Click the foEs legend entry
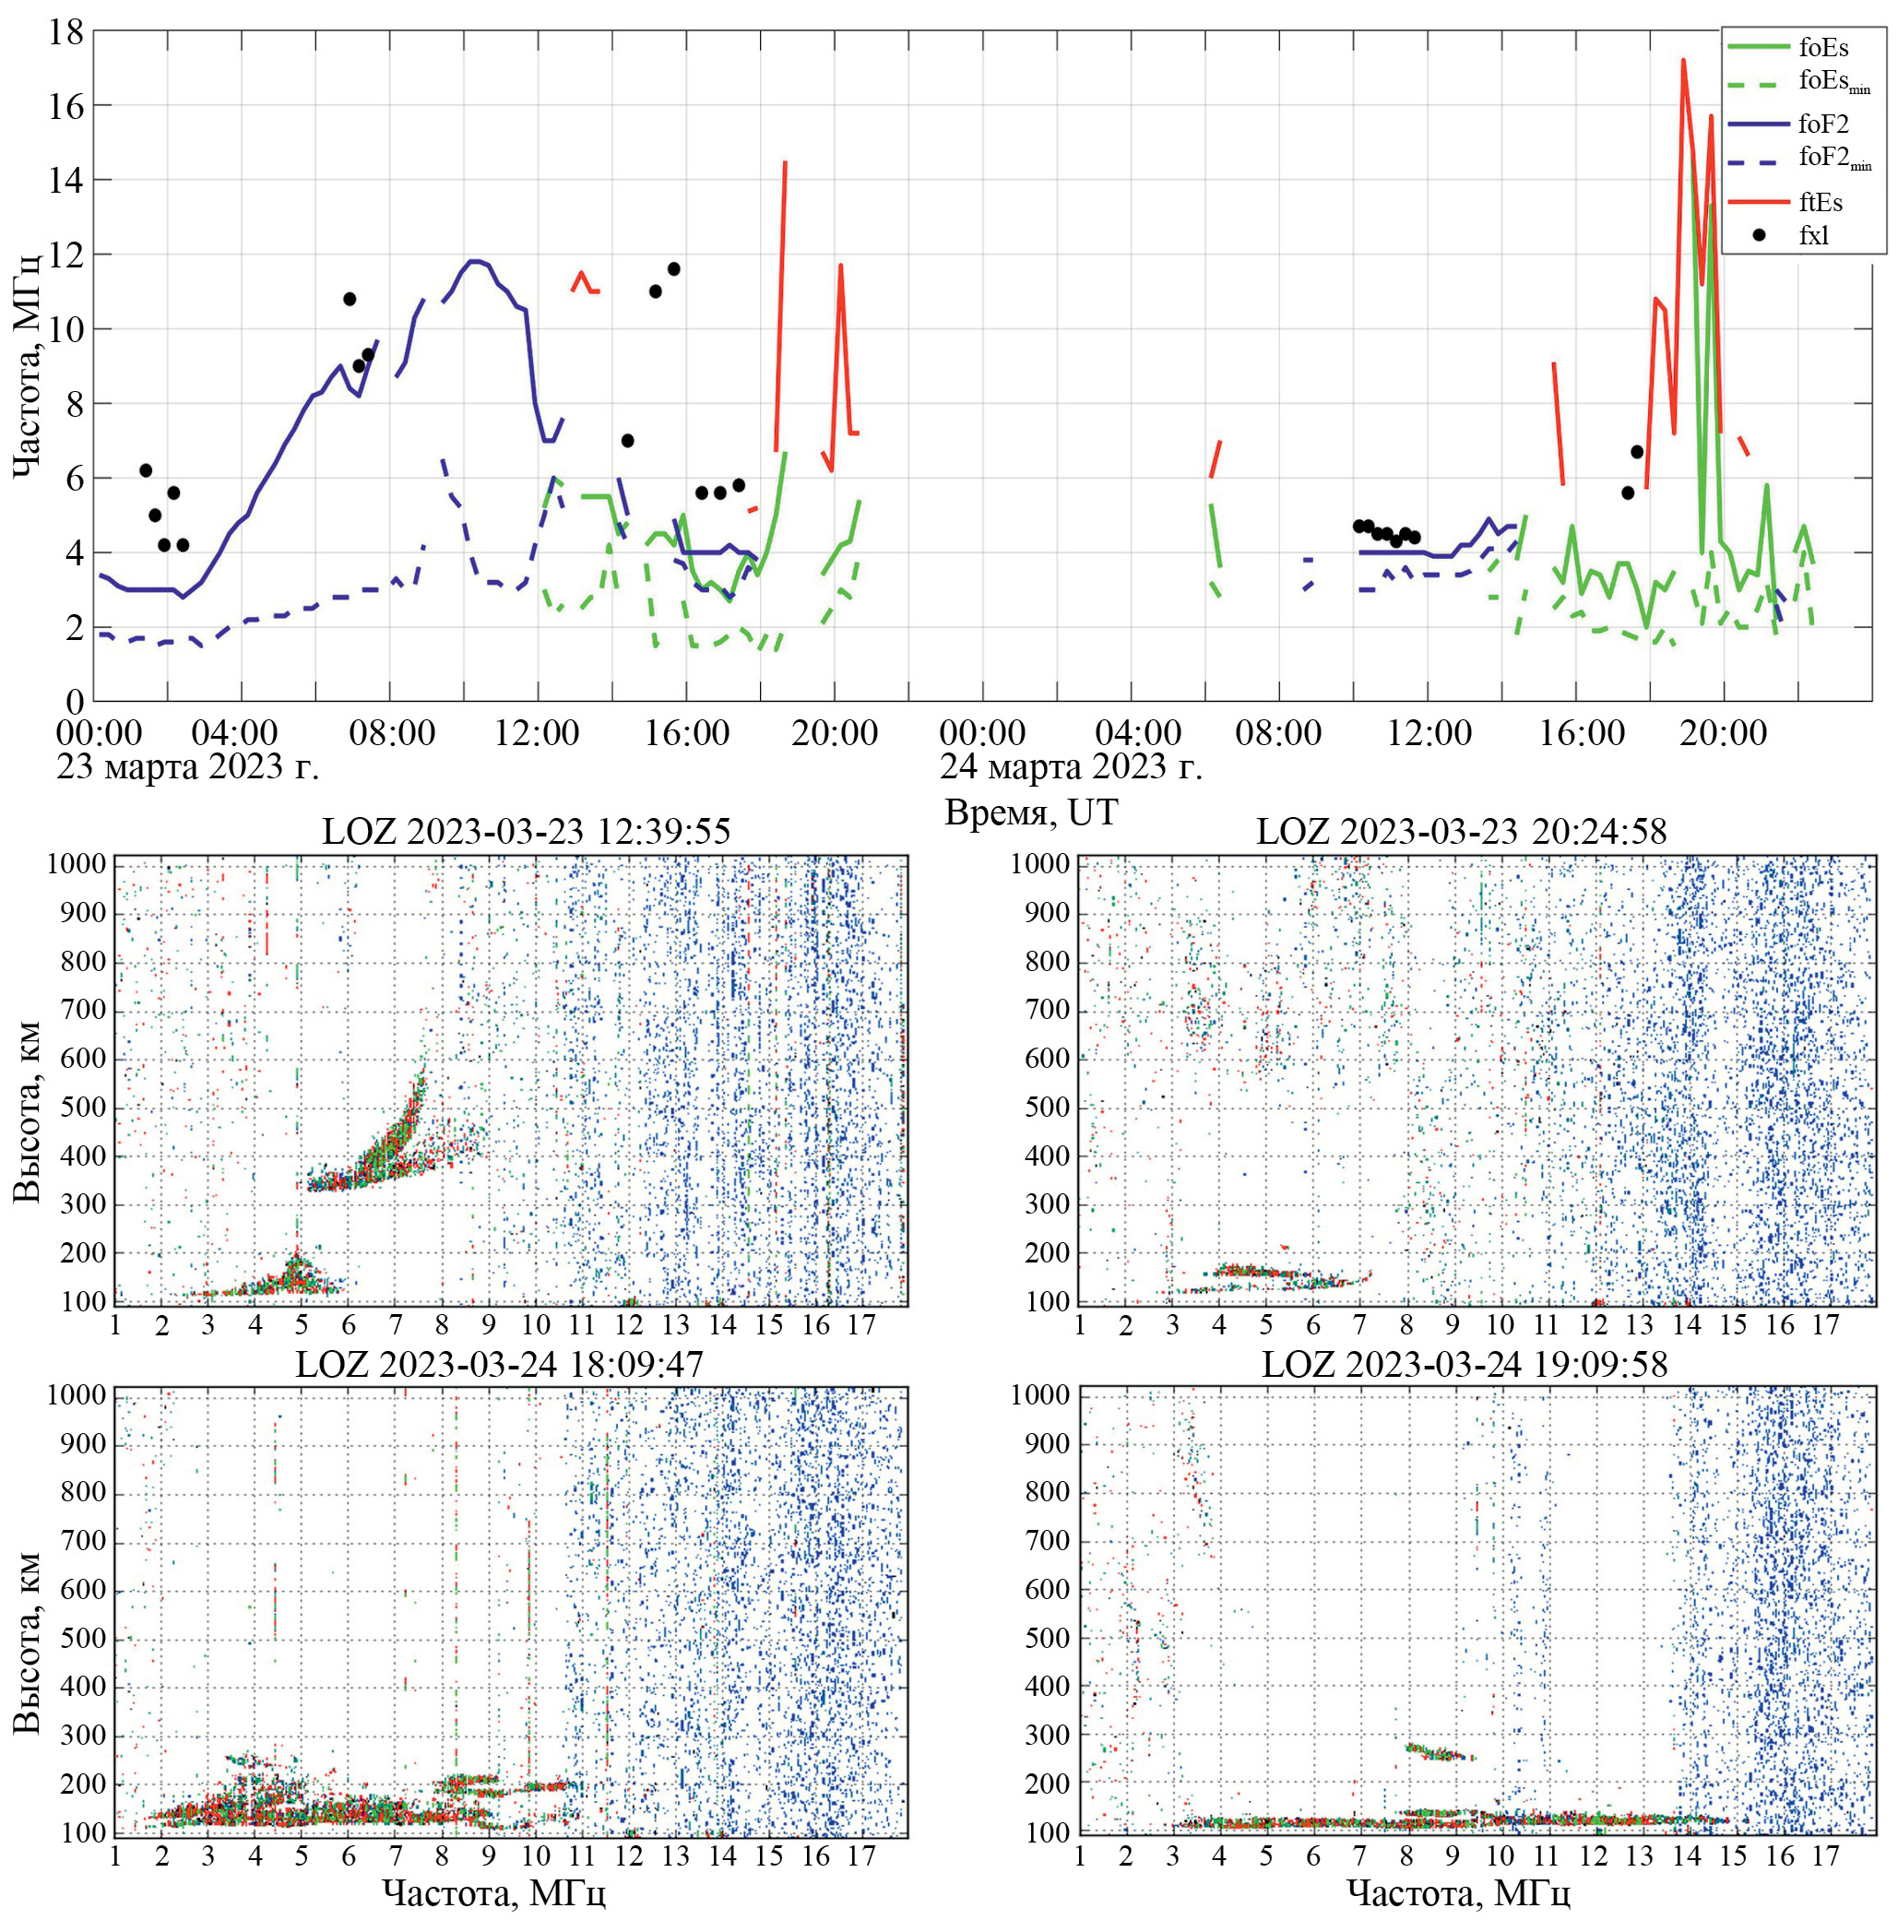coord(1822,47)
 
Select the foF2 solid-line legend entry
coord(1822,124)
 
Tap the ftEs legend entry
coord(1821,203)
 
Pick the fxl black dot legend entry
coord(1813,235)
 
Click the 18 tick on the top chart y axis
coord(66,31)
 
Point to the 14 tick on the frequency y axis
coord(66,180)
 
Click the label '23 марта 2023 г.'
coord(188,767)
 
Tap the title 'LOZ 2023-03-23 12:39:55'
coord(526,831)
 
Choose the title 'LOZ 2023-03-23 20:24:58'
coord(1461,831)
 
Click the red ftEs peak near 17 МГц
coord(1682,61)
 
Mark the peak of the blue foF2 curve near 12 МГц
coord(476,261)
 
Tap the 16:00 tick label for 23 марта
coord(687,734)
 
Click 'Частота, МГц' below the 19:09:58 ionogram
coord(1458,1893)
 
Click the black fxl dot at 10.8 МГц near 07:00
coord(349,299)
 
